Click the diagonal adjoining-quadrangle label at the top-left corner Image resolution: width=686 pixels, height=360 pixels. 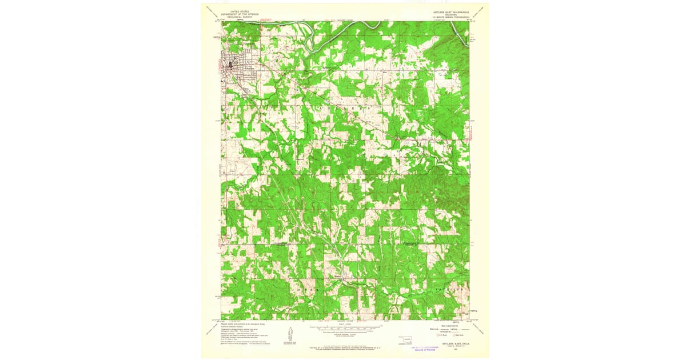213,12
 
